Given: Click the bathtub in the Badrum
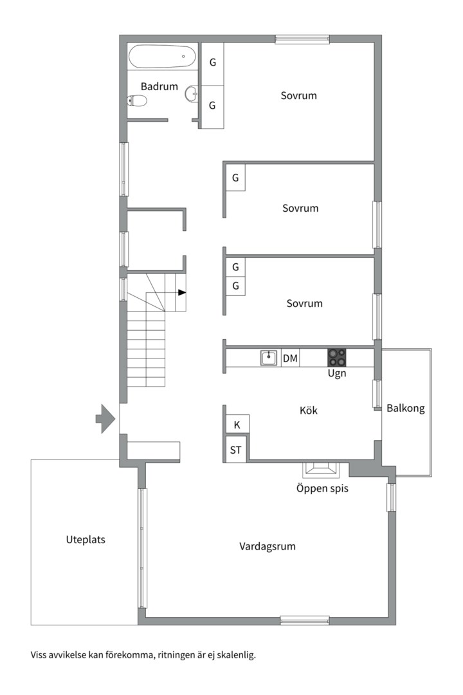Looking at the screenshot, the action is point(162,57).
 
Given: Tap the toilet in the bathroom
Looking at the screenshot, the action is point(137,101).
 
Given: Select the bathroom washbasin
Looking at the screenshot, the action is point(192,94).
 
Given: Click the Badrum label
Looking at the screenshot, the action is point(159,86).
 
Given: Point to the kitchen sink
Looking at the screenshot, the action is point(269,357).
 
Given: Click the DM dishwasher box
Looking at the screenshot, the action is point(290,358).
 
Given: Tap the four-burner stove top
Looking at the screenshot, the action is point(337,357).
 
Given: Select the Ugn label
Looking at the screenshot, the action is point(337,373).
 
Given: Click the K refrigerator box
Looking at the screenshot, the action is point(237,424).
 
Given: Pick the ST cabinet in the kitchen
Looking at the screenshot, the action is point(236,450).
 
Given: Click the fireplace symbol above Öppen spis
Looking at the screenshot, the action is point(320,469).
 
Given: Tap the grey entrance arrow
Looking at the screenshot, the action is point(105,418).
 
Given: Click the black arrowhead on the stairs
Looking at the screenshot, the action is point(182,293).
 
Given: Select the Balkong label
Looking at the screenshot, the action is point(405,408).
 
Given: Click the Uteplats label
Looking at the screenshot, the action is point(86,539).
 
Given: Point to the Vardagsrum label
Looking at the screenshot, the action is point(267,546).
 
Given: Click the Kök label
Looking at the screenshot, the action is point(309,411).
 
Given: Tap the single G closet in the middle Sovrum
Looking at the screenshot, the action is point(235,178).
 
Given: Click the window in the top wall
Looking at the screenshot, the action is point(302,39).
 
